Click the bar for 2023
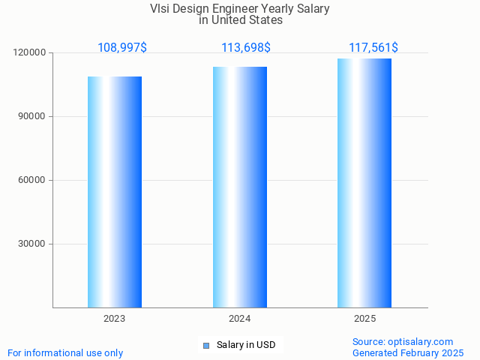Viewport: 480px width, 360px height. point(115,192)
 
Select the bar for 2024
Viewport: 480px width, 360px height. point(240,187)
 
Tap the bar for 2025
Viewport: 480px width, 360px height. point(364,183)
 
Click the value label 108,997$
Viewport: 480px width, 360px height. point(122,48)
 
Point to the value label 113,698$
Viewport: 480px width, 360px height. point(246,48)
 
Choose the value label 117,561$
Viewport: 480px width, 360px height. point(373,48)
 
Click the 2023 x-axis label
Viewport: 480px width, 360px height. point(115,319)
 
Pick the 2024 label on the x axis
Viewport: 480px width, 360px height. point(240,319)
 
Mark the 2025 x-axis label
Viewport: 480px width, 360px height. point(365,319)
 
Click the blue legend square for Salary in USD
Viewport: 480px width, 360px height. point(206,345)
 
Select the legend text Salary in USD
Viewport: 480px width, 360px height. point(246,345)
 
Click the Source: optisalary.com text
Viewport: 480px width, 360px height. point(403,341)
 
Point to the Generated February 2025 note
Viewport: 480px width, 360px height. point(408,352)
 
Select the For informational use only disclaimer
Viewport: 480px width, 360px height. point(65,352)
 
